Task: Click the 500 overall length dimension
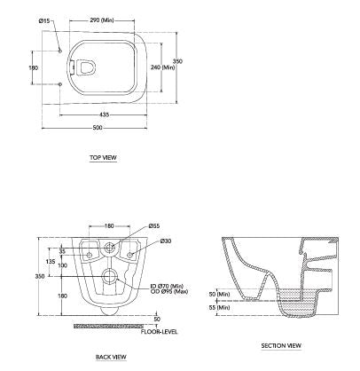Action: click(98, 129)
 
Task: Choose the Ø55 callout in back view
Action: click(153, 225)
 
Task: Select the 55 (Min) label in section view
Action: click(217, 306)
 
